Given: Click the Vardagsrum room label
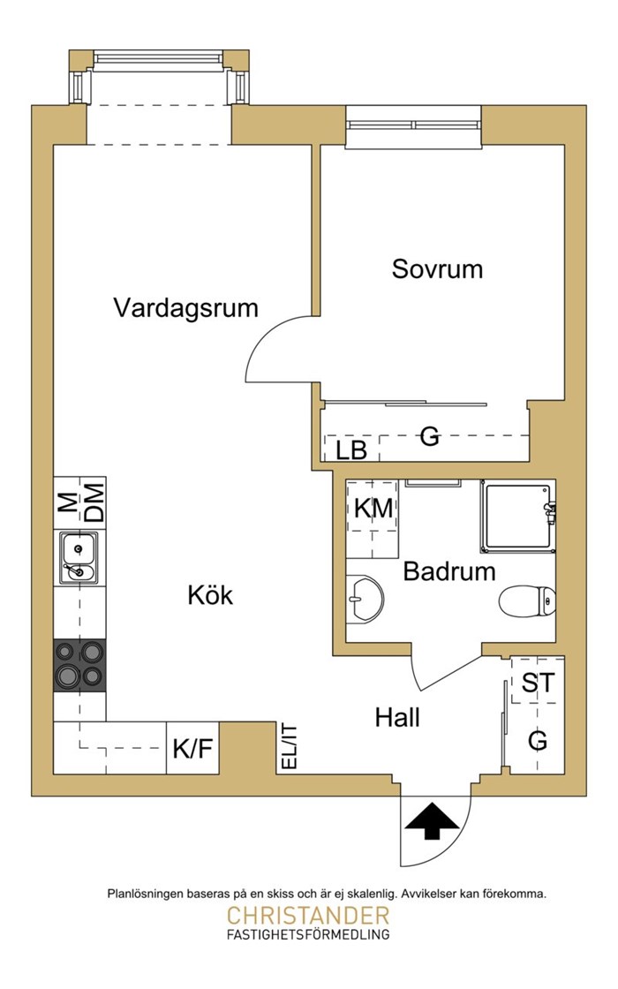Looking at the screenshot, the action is (186, 308).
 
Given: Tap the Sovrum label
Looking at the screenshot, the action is (437, 269).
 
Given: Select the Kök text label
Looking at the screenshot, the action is (210, 595).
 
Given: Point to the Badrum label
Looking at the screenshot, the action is (449, 571).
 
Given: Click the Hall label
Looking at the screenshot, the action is (397, 717).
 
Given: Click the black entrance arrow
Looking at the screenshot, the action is (432, 821).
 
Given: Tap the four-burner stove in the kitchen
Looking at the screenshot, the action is (79, 666).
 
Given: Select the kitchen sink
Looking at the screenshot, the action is (79, 557).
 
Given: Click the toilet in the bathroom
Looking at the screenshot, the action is (527, 601).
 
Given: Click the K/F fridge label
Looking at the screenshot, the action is (193, 750).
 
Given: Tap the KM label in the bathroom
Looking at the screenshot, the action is (373, 508).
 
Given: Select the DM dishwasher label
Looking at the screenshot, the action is (94, 502).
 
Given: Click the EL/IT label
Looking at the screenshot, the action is (288, 747).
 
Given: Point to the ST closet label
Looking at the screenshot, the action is (539, 683).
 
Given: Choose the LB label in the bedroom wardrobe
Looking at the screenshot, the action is (350, 450).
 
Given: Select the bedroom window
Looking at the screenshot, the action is (414, 125).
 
